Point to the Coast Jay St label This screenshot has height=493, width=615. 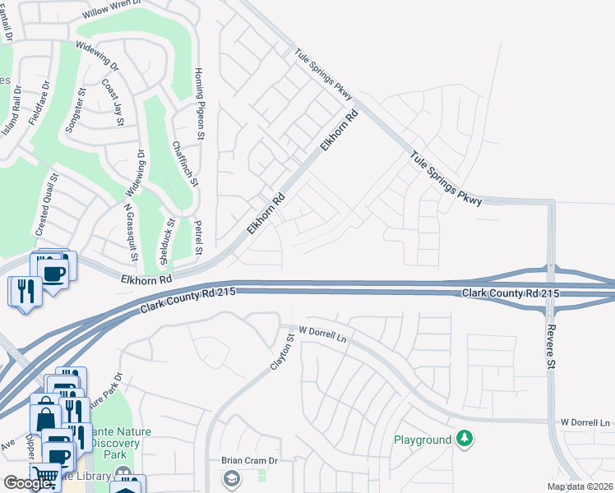point(113,102)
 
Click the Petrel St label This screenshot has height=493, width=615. point(198,237)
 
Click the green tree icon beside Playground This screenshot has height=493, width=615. point(465,439)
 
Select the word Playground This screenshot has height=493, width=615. point(423,440)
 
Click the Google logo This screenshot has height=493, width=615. point(27,483)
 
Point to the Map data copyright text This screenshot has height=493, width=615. point(580,486)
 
